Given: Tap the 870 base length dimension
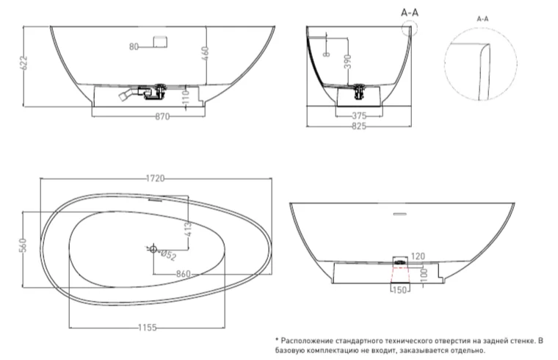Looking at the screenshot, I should pyautogui.click(x=163, y=116).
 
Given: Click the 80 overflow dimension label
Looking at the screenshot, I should pyautogui.click(x=134, y=47).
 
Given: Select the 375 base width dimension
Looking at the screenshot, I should pyautogui.click(x=359, y=115).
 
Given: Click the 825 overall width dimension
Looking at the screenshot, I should pyautogui.click(x=359, y=126).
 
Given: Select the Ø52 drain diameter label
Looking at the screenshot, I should pyautogui.click(x=167, y=256).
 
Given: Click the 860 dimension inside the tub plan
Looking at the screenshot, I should pyautogui.click(x=184, y=274).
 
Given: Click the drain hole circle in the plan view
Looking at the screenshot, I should pyautogui.click(x=153, y=250).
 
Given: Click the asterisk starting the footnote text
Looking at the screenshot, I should pyautogui.click(x=277, y=341).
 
